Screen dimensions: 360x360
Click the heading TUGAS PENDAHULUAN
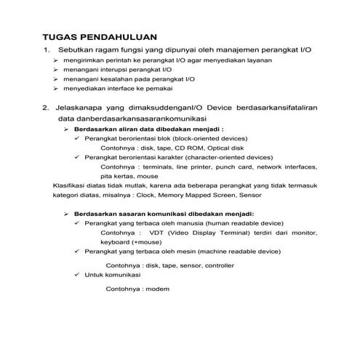coord(100,36)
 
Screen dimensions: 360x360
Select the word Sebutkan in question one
coord(76,50)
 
